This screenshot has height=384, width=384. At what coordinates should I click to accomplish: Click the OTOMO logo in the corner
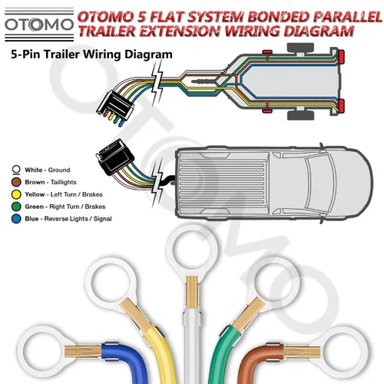pyautogui.click(x=39, y=25)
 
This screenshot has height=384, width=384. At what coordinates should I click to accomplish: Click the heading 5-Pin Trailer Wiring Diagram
pyautogui.click(x=91, y=55)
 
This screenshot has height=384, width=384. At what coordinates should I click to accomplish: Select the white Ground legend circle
pyautogui.click(x=16, y=170)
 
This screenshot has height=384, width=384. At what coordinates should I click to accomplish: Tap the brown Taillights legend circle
pyautogui.click(x=16, y=182)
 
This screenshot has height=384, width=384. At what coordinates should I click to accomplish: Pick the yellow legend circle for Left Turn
pyautogui.click(x=16, y=194)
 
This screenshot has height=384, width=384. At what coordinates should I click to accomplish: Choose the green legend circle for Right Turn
pyautogui.click(x=16, y=207)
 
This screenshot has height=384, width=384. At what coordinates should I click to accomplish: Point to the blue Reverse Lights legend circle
pyautogui.click(x=16, y=219)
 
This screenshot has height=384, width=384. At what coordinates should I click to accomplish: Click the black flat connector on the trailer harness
pyautogui.click(x=115, y=105)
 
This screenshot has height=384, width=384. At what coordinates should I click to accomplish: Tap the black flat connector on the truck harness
pyautogui.click(x=115, y=157)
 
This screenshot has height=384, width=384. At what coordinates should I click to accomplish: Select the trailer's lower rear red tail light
pyautogui.click(x=341, y=106)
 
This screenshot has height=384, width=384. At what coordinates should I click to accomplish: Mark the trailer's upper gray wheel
pyautogui.click(x=300, y=47)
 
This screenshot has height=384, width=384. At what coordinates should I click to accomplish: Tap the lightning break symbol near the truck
pyautogui.click(x=158, y=182)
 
